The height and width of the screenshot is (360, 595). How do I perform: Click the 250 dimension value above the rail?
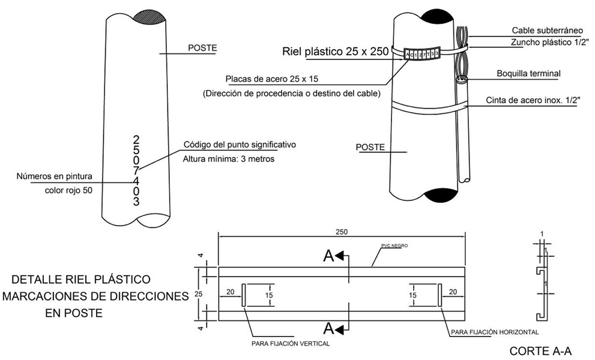342,232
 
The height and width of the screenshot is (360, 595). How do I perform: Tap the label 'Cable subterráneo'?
547,30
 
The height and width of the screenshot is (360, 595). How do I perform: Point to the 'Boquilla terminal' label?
528,74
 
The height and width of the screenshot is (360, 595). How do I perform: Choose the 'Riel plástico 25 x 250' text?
336,52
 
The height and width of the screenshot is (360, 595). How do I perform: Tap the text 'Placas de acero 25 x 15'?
273,79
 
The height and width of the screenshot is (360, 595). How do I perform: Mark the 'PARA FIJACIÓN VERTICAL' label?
291,344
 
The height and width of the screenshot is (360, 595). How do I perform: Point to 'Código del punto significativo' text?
240,145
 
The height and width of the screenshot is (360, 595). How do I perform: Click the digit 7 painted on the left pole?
136,170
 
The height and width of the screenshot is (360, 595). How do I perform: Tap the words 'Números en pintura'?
55,176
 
